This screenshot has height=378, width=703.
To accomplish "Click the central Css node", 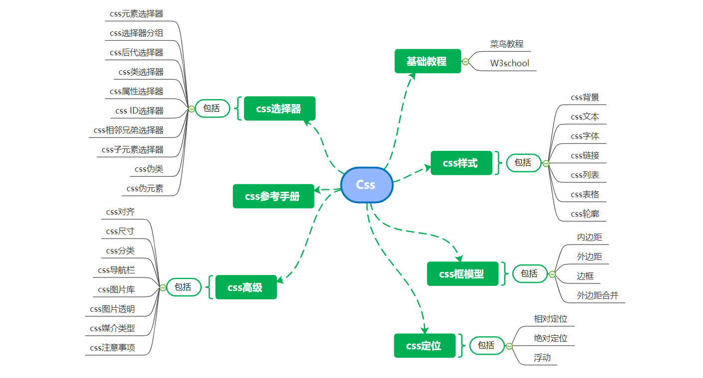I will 366,185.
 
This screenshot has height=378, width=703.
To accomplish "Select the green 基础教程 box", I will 427,61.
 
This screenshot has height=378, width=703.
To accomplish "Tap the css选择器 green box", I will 279,109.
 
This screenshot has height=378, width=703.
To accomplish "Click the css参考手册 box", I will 273,196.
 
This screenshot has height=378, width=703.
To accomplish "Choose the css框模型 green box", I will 462,273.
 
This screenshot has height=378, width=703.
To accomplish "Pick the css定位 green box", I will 424,345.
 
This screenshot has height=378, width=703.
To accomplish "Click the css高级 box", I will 245,287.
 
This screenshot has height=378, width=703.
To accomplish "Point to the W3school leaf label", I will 509,63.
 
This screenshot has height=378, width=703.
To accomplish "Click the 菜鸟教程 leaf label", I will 506,44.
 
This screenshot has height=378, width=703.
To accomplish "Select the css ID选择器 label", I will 139,111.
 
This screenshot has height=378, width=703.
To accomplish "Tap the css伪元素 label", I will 145,188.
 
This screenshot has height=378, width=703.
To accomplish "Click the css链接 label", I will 585,155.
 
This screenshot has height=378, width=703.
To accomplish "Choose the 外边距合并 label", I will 597,295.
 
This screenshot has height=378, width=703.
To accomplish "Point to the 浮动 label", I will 542,358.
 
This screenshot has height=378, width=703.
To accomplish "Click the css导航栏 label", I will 117,270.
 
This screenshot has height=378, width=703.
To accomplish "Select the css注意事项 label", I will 113,348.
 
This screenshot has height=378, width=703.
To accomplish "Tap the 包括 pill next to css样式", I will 523,162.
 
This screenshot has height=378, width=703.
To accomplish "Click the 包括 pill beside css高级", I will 183,287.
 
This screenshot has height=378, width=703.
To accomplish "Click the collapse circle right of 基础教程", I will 466,62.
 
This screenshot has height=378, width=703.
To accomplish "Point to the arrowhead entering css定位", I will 425,329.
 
